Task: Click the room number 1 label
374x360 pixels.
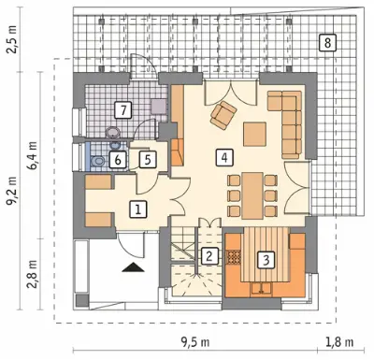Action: (138, 209)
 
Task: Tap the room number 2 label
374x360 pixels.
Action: (209, 256)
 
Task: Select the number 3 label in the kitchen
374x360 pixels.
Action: (266, 260)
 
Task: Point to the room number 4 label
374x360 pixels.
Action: (224, 157)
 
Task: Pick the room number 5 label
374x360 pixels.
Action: (148, 160)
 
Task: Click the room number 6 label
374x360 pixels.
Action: (118, 160)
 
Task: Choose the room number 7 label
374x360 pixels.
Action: (123, 110)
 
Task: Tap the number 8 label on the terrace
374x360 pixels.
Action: (327, 43)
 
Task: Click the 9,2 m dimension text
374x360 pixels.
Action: (12, 192)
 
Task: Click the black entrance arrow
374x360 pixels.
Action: (133, 267)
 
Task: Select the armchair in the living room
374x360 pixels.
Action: (223, 114)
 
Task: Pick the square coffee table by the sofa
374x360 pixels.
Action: (255, 134)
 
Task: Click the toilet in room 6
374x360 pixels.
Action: (97, 161)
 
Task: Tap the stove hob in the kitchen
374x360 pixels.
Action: (234, 257)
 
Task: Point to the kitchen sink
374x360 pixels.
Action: (261, 288)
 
